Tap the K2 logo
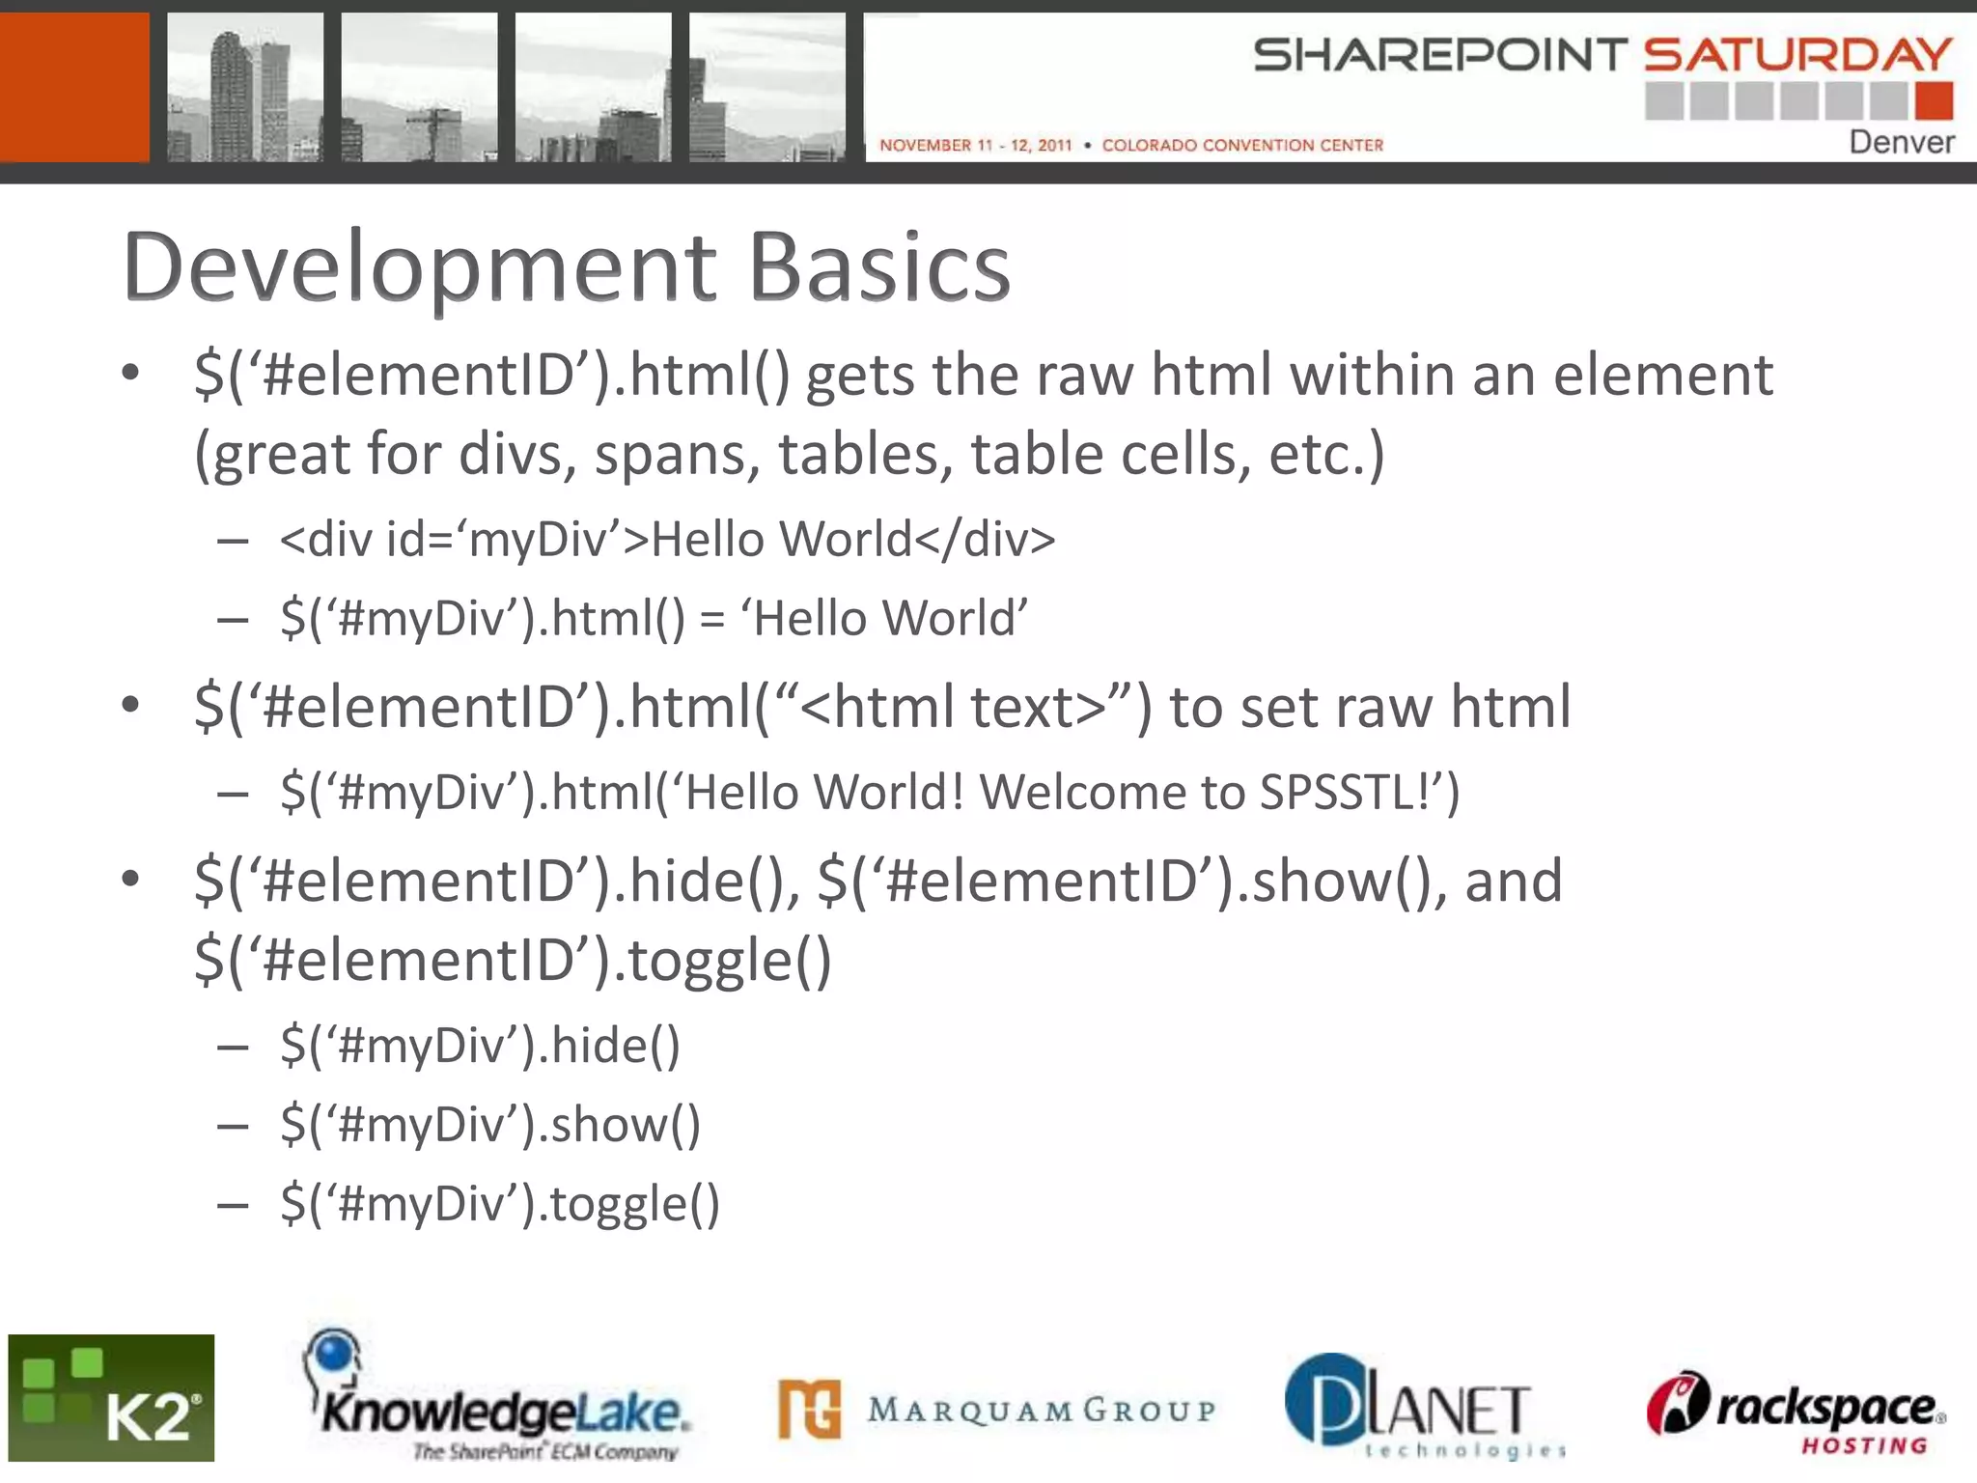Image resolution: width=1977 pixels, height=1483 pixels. [x=111, y=1397]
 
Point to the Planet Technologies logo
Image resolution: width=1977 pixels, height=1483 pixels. [x=1425, y=1405]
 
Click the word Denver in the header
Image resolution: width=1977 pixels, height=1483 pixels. [x=1901, y=142]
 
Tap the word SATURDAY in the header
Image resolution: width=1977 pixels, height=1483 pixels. [x=1797, y=54]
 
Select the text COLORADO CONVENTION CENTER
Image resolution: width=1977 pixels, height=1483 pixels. [x=1242, y=145]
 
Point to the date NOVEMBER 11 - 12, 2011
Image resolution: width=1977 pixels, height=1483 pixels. [x=975, y=145]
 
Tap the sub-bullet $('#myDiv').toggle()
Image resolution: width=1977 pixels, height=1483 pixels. [x=500, y=1204]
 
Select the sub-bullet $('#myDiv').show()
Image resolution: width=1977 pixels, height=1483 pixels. [x=490, y=1125]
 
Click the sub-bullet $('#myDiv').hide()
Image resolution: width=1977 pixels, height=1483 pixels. [x=480, y=1046]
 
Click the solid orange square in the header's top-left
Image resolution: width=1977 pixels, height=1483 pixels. [x=74, y=87]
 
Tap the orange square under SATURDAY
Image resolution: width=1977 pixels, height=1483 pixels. [x=1934, y=100]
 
